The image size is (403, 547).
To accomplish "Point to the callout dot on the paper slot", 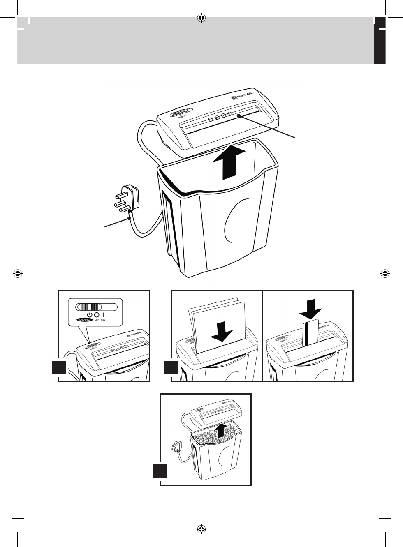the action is point(239,116).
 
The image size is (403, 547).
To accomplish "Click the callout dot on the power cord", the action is point(130,219).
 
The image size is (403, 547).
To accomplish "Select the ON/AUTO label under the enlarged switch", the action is point(84,319).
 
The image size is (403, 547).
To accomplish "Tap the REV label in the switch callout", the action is point(103,319).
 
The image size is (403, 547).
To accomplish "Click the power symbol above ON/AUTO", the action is point(90,314).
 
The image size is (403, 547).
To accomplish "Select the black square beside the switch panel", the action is point(59,367).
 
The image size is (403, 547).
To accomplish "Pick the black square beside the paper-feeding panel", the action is point(171,367).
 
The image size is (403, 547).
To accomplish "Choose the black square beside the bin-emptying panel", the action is point(160,471).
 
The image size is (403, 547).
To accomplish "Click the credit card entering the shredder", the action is point(310,333).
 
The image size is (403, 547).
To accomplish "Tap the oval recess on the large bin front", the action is point(236,222).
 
